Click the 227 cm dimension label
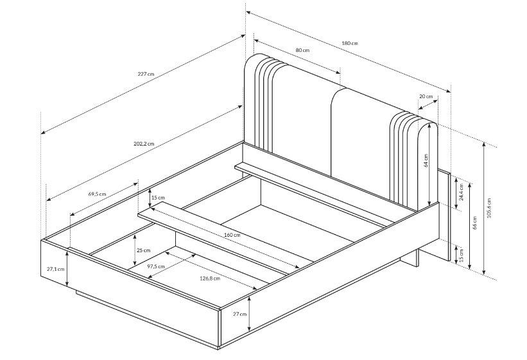point(146,74)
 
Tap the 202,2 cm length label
point(144,144)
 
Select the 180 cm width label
point(350,44)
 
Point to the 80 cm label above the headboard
point(302,51)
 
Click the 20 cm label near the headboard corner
point(426,96)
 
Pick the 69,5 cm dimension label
point(97,194)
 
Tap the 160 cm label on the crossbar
point(232,235)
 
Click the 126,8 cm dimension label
point(210,279)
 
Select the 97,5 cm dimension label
point(156,266)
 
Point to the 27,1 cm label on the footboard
point(55,269)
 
